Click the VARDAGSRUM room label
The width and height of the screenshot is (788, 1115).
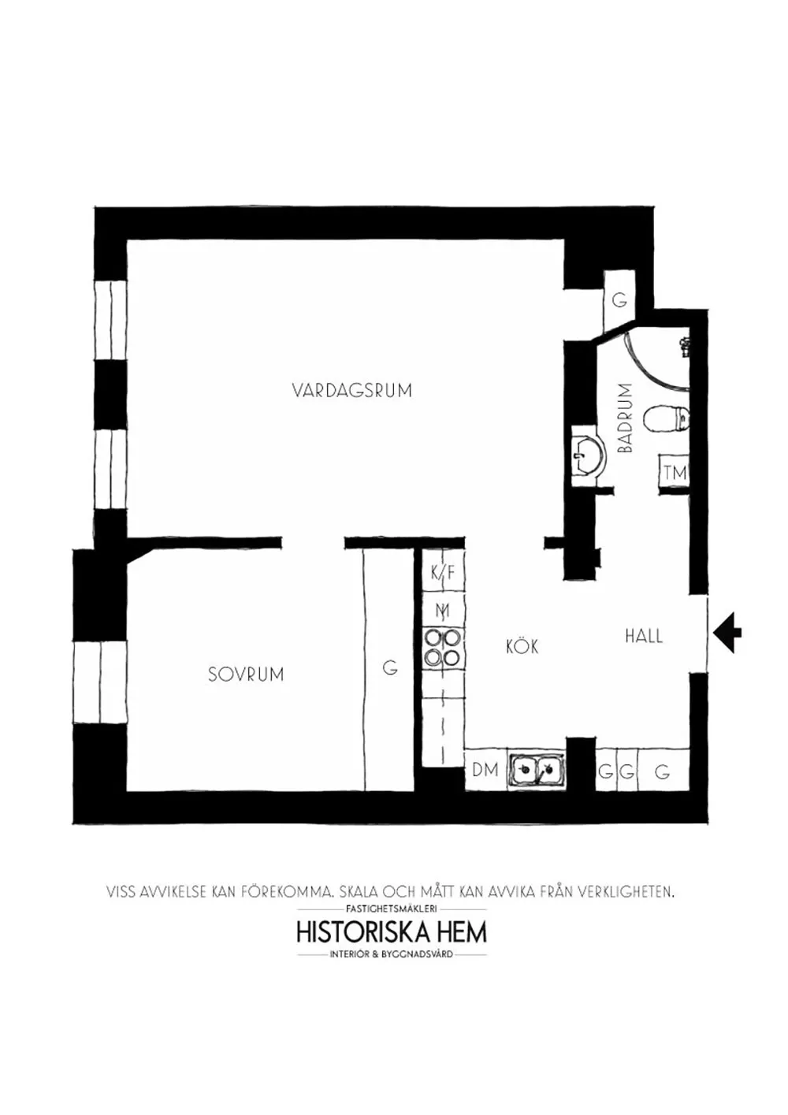tap(351, 390)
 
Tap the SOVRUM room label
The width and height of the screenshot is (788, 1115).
tap(246, 675)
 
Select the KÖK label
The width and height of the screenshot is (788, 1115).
tap(522, 647)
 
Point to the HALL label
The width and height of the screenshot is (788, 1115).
tap(644, 636)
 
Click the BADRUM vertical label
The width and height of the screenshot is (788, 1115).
tap(626, 418)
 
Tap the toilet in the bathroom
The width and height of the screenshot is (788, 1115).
tap(667, 418)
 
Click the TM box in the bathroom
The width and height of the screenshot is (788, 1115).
tap(675, 474)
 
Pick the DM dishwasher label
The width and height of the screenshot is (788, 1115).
tap(485, 769)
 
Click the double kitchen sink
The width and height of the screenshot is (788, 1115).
tap(537, 768)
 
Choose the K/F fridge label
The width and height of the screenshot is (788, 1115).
tap(442, 573)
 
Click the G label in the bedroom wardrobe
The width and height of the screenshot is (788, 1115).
tap(389, 668)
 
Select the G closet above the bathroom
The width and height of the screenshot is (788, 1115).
tap(619, 300)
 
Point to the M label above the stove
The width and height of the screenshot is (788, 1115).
tap(442, 610)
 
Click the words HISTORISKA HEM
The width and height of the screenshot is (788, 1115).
tap(392, 932)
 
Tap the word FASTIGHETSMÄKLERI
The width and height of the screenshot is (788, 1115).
tap(392, 909)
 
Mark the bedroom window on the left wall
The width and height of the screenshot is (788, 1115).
tap(100, 682)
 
